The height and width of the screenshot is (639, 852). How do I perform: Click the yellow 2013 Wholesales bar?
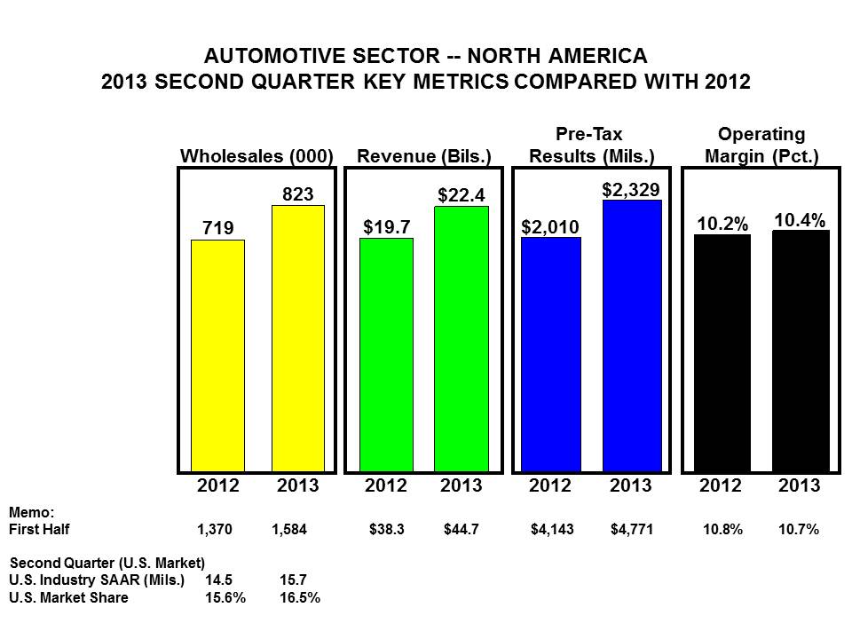pos(297,338)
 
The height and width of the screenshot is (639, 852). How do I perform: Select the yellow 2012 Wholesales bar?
pos(217,355)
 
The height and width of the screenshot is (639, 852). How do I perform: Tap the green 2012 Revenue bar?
pos(386,354)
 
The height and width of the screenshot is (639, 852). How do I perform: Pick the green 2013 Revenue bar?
pos(461,338)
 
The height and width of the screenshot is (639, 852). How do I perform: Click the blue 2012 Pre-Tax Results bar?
pos(551,354)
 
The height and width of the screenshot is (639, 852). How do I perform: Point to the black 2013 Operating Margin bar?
pos(801,351)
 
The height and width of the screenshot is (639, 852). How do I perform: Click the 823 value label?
pos(297,193)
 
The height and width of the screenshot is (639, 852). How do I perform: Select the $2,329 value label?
pos(631,188)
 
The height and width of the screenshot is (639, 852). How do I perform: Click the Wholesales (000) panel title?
pos(256,156)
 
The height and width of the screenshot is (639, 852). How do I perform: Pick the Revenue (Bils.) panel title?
pos(424,156)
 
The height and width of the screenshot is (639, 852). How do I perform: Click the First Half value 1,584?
pos(289,530)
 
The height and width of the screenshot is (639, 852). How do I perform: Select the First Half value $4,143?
pos(552,530)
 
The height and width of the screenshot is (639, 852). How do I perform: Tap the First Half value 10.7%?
pos(799,530)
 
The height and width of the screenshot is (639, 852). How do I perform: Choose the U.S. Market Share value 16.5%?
pos(299,597)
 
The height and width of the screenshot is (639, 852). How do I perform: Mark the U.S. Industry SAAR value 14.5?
pos(220,580)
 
